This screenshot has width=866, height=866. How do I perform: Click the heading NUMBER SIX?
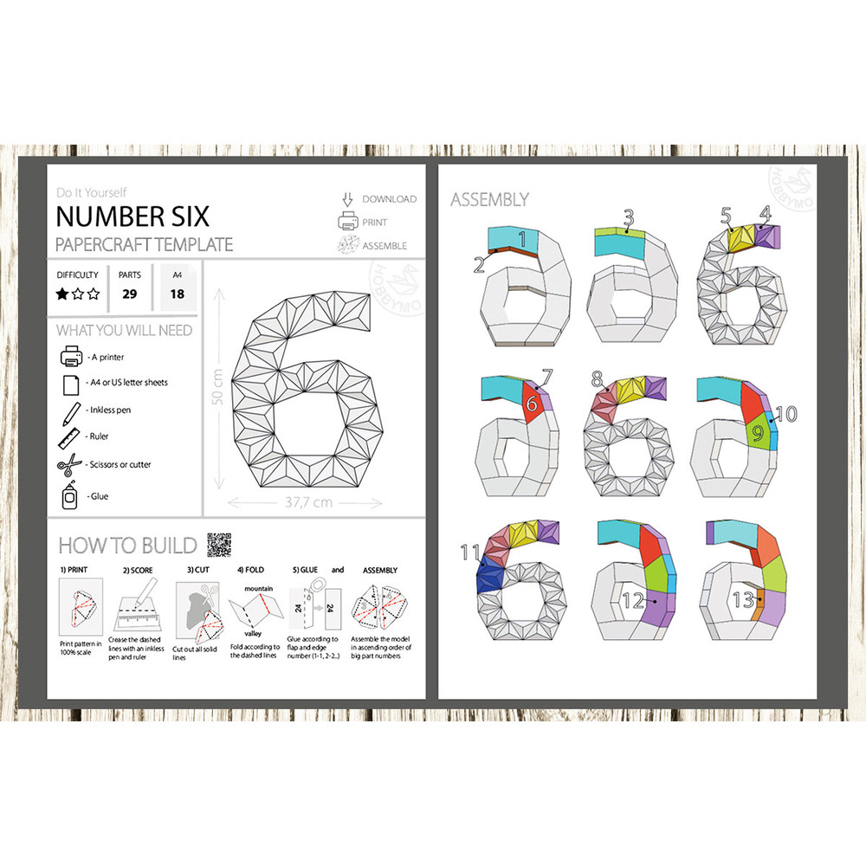pos(132,215)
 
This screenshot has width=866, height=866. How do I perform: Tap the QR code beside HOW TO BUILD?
pos(219,545)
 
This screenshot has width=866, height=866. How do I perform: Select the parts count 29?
pos(130,294)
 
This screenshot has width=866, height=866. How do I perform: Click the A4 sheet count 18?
pos(178,294)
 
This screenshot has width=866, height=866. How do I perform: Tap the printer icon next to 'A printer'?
pos(71,356)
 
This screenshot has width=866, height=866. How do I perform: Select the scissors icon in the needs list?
pos(69,465)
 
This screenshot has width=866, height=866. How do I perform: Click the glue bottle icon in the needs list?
pos(69,496)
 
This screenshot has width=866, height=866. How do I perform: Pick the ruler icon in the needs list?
pos(69,437)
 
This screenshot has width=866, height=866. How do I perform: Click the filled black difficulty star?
pos(62,294)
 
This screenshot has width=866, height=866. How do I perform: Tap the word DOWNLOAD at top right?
pos(389,199)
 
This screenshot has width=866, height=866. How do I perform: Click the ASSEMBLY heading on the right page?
pos(489,200)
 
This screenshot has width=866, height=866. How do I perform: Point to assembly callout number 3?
pos(629,217)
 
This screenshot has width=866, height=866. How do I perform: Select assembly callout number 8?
pos(598,378)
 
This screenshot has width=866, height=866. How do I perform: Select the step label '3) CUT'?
pos(199,571)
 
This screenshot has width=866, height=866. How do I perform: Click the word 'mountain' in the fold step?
pos(260,587)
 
